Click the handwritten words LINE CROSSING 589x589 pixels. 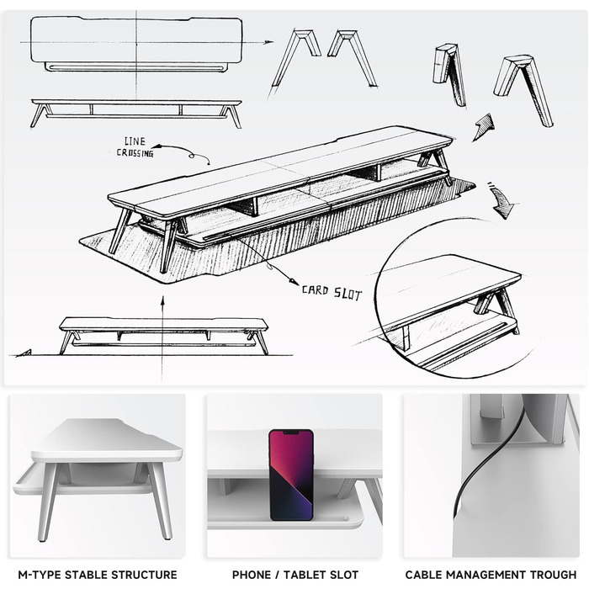(x=135, y=147)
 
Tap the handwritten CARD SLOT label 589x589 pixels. (x=332, y=292)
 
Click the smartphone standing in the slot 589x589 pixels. (x=291, y=475)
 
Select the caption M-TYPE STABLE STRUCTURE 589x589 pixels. (x=98, y=575)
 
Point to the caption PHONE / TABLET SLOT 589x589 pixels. (x=295, y=575)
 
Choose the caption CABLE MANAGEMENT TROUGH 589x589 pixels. (x=491, y=575)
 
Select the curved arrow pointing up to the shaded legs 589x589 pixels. (x=485, y=127)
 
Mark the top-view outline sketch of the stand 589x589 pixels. (x=136, y=45)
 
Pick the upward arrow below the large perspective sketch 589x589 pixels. (x=162, y=338)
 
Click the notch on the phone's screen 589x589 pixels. (x=291, y=432)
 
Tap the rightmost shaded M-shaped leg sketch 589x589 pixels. (x=523, y=91)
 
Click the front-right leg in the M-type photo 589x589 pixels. (x=162, y=501)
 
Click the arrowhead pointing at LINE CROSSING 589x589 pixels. (x=155, y=146)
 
